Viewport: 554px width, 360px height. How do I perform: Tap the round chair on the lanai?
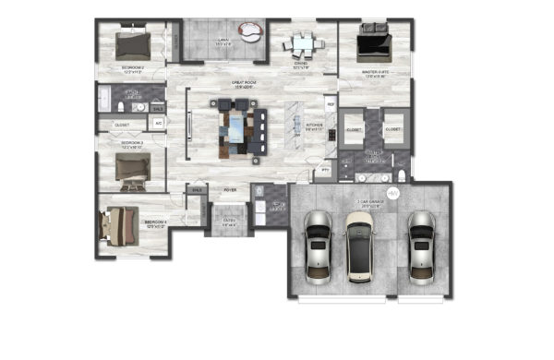[x=248, y=33]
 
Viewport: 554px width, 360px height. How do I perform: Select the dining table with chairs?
[x=301, y=42]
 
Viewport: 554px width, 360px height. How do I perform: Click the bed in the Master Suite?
[x=374, y=41]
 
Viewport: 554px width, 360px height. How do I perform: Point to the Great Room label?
[x=232, y=83]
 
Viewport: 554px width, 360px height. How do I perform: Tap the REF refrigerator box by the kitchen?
[x=331, y=104]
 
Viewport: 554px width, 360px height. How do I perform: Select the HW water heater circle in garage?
[x=391, y=194]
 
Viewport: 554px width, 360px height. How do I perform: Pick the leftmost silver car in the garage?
[x=316, y=244]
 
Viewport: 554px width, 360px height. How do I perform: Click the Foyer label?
[x=230, y=190]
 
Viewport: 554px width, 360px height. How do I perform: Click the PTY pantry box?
[x=325, y=171]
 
